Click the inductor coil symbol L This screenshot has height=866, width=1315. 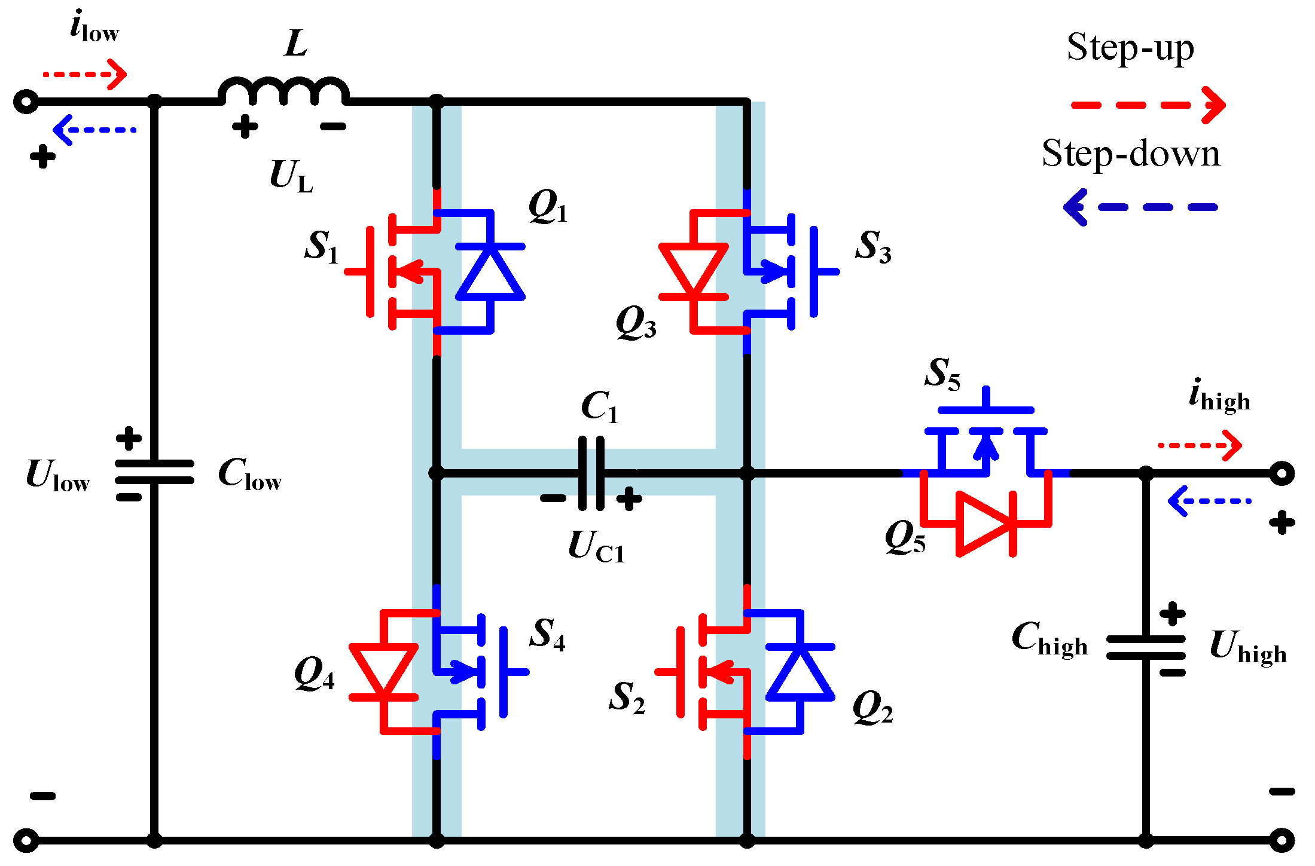pyautogui.click(x=283, y=91)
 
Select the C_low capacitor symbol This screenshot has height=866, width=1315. pyautogui.click(x=154, y=472)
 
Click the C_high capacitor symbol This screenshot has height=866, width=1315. pyautogui.click(x=1145, y=647)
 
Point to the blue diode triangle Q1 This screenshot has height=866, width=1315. pyautogui.click(x=490, y=273)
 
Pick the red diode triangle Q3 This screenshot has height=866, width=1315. pyautogui.click(x=693, y=269)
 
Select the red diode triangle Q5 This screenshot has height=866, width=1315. pyautogui.click(x=984, y=524)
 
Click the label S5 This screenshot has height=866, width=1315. pyautogui.click(x=942, y=374)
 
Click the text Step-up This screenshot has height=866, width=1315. pyautogui.click(x=1130, y=48)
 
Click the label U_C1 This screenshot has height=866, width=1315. pyautogui.click(x=596, y=546)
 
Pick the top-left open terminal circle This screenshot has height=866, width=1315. pyautogui.click(x=26, y=102)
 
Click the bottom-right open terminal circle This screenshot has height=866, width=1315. pyautogui.click(x=1282, y=840)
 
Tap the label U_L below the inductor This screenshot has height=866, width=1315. pyautogui.click(x=291, y=177)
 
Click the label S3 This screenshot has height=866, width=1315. pyautogui.click(x=873, y=246)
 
